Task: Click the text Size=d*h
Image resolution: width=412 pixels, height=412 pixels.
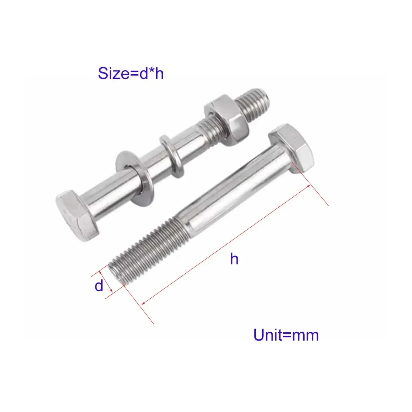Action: coord(131,73)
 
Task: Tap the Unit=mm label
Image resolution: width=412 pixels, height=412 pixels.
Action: coord(286,335)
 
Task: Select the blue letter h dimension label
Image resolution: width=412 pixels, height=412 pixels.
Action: coord(234,259)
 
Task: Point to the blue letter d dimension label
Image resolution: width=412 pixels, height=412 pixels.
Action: coord(99,286)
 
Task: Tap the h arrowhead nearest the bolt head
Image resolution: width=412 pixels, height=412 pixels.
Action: coord(308,187)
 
